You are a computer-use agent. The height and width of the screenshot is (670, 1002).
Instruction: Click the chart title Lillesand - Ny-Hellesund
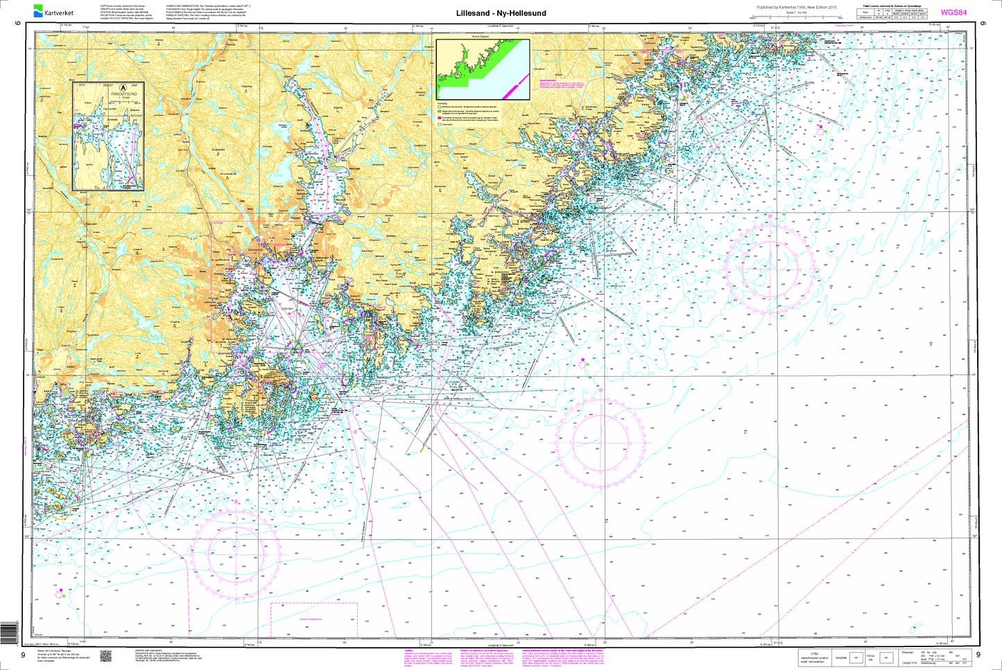[501, 13]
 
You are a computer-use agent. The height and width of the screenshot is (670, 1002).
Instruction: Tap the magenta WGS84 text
[953, 12]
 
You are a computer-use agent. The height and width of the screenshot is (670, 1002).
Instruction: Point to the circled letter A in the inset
[123, 88]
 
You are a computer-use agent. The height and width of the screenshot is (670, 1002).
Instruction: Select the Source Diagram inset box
[483, 70]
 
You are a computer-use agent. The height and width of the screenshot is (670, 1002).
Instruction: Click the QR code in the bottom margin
[105, 655]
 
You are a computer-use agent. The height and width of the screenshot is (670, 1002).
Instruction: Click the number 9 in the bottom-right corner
[978, 655]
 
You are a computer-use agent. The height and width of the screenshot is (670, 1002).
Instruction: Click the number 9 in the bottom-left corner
[23, 655]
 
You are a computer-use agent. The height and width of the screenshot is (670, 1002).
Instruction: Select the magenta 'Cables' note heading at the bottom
[408, 651]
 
